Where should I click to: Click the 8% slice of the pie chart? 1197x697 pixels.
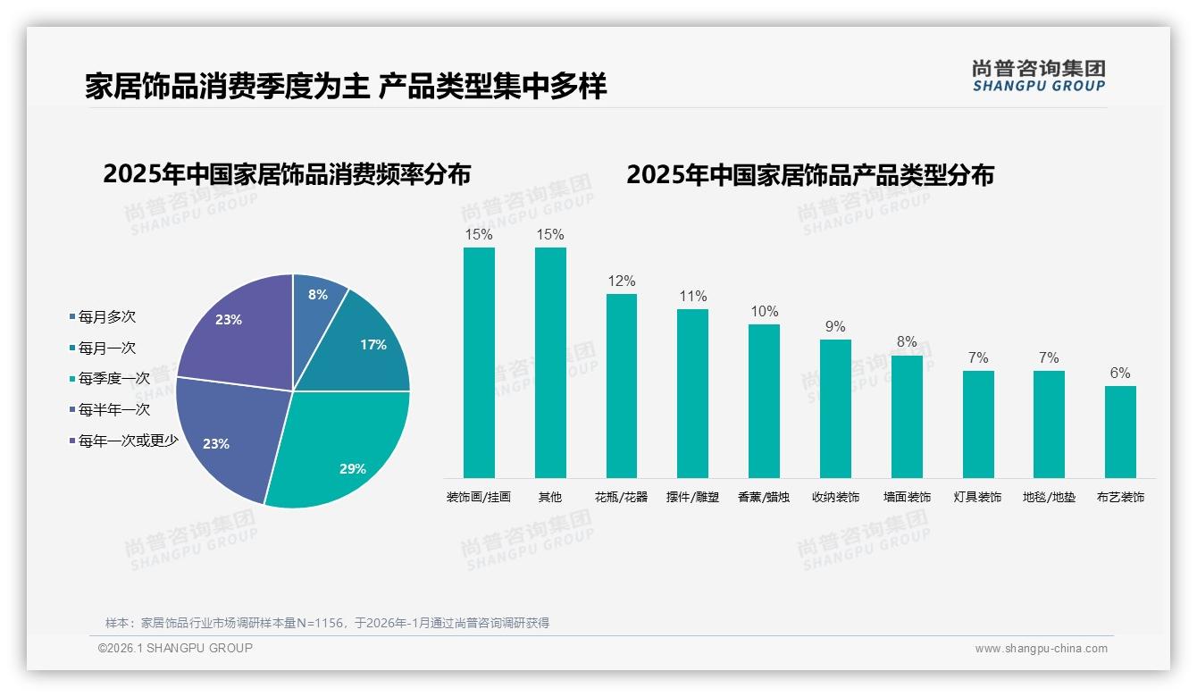(x=317, y=298)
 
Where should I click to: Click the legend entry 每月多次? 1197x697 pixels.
(x=106, y=317)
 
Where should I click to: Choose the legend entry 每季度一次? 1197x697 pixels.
(x=113, y=379)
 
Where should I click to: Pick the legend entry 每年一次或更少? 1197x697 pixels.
(x=128, y=441)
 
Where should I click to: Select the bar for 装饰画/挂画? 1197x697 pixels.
(x=479, y=362)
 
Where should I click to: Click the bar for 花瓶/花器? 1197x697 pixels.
(x=622, y=385)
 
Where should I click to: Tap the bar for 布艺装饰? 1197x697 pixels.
(x=1120, y=432)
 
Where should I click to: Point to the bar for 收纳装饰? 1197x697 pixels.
(x=835, y=408)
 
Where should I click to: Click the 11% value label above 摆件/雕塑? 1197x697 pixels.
(x=692, y=297)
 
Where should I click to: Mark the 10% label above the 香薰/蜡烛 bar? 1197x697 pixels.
(x=764, y=312)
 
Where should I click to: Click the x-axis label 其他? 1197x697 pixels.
(x=550, y=497)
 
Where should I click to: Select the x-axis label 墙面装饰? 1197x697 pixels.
(x=907, y=497)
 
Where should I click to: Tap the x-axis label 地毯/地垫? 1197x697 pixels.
(x=1049, y=497)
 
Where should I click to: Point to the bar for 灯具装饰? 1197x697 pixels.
(x=978, y=424)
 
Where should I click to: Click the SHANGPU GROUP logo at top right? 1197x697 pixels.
(x=1038, y=76)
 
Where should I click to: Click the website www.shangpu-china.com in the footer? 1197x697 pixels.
(x=1041, y=649)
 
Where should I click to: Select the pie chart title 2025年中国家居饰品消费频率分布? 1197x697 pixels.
(x=287, y=174)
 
